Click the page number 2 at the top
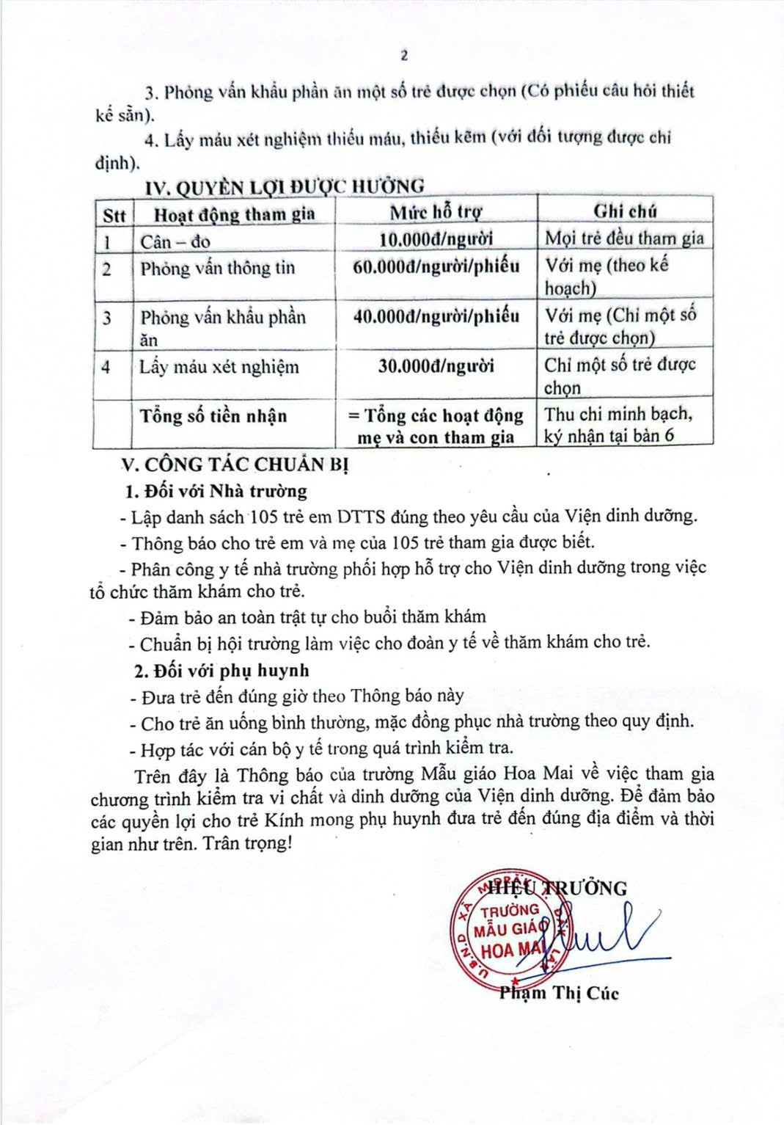404,56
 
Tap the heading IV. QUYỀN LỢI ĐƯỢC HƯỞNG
285,187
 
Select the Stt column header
114,216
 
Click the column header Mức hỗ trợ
436,213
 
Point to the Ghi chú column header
625,211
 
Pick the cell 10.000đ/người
436,239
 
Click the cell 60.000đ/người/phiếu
436,266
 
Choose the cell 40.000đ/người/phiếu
436,316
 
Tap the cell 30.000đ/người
436,365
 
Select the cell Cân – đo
175,241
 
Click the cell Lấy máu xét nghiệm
219,366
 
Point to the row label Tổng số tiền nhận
213,416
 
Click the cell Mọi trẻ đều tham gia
624,239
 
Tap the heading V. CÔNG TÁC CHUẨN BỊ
235,465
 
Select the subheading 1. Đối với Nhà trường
216,491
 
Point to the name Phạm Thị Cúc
559,994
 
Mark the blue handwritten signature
609,936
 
